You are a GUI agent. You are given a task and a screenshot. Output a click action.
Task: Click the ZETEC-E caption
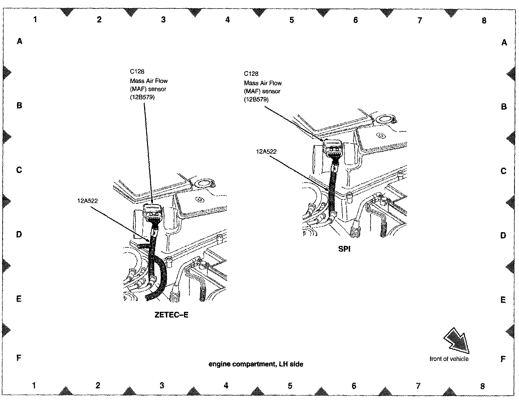coord(171,315)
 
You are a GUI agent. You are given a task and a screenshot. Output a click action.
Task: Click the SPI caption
coord(344,249)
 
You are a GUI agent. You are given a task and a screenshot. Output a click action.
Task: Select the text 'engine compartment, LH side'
coord(256,364)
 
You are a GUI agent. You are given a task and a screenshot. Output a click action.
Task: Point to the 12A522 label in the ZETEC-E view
coord(88,201)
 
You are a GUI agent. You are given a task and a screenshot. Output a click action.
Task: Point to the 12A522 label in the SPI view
coord(266,151)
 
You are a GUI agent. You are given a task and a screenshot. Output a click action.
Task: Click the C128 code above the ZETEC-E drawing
coord(137,72)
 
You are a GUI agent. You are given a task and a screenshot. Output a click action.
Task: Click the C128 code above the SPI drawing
coord(251,74)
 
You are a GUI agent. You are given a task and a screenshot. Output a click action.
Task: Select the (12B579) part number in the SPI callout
coord(256,99)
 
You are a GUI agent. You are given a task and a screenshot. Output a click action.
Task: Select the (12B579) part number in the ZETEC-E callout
coord(142,97)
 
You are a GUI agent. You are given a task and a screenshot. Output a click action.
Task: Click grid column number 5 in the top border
coord(292,20)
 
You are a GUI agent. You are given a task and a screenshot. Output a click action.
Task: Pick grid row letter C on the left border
coord(19,170)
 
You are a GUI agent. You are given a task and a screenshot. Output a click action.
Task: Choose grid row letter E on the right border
coord(503,300)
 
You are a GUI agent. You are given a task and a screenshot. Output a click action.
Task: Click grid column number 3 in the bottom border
coord(162,385)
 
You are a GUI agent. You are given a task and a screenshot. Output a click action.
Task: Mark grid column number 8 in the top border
coord(484,20)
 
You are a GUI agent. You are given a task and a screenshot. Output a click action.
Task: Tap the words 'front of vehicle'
coord(449,359)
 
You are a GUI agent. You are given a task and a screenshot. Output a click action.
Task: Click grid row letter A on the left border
coord(19,41)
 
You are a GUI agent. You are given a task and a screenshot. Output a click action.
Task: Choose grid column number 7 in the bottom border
coord(418,386)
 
